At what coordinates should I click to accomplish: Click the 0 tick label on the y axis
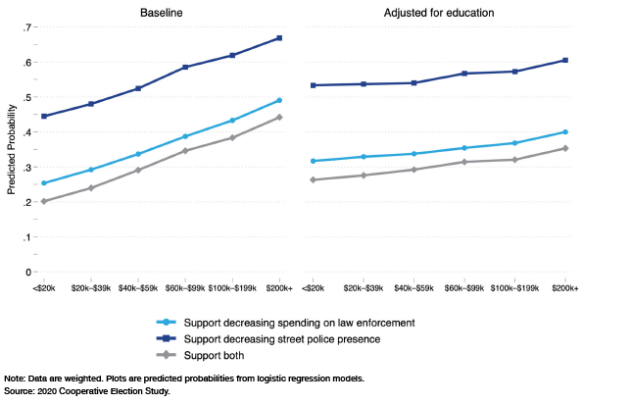(28, 272)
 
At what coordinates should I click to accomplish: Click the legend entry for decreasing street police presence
(267, 338)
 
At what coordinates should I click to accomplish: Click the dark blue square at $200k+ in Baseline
(280, 38)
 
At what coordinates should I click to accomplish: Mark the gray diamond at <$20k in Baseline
(44, 201)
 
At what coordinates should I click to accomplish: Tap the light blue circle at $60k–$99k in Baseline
(185, 136)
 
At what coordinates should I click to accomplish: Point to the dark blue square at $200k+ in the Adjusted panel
(565, 60)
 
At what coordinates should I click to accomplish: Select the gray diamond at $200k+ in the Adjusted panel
(565, 148)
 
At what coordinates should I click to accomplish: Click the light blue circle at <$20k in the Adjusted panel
(314, 161)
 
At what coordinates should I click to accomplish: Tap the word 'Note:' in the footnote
(16, 379)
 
